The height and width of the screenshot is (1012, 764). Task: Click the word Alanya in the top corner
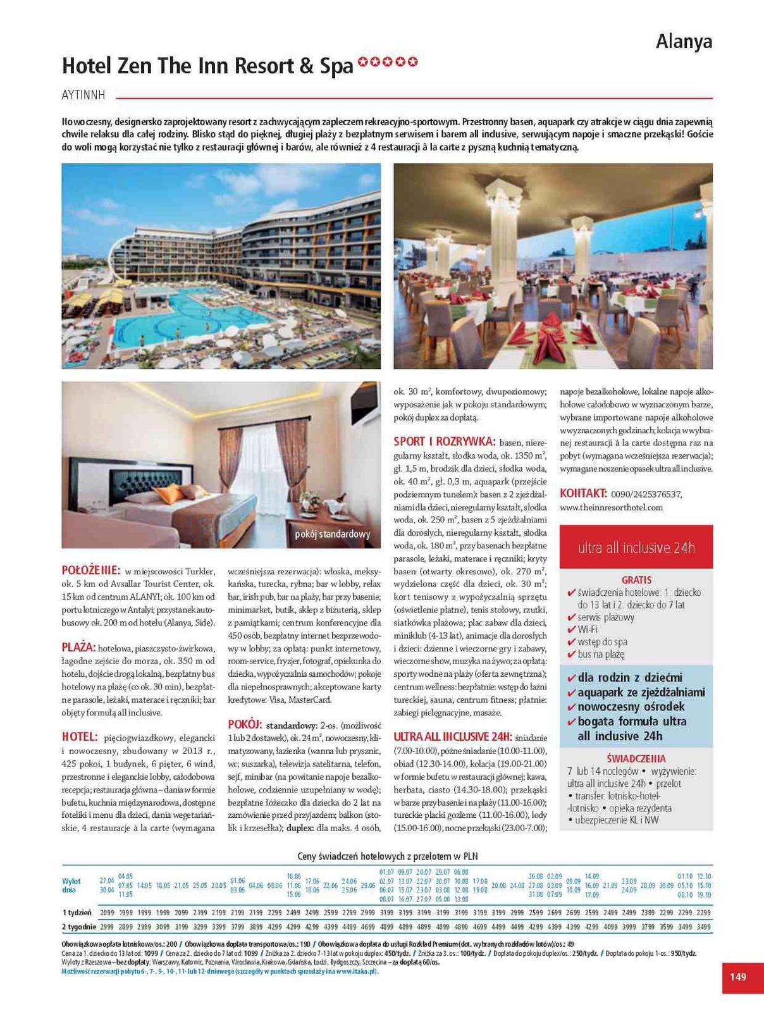(x=684, y=42)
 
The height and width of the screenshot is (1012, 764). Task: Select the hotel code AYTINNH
(x=83, y=96)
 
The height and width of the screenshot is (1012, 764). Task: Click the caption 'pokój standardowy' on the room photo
(x=332, y=534)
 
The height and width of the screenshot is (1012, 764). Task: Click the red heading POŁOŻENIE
(x=90, y=570)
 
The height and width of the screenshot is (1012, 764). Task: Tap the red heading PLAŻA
(x=78, y=647)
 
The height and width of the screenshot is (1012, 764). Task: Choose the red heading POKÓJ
(x=244, y=724)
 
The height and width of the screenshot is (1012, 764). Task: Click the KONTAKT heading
(x=583, y=493)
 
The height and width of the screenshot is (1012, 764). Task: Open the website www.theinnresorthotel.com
(x=611, y=507)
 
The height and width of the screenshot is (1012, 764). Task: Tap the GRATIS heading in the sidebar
(x=636, y=579)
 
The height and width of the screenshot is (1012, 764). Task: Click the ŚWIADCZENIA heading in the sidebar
(x=636, y=758)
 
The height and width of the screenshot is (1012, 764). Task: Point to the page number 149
(x=737, y=977)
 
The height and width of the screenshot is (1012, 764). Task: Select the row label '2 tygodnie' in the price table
(x=79, y=927)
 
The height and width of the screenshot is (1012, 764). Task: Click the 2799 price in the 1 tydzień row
(x=349, y=913)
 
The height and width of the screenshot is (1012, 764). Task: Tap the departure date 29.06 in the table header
(x=367, y=885)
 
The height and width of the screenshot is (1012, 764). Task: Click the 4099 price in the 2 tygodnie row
(x=610, y=927)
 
